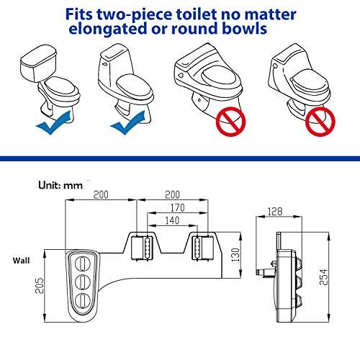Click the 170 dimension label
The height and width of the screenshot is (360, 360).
click(x=178, y=208)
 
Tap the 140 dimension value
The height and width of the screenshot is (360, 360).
click(x=172, y=220)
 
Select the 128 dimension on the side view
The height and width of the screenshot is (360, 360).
click(x=275, y=212)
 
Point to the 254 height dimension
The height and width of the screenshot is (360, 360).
click(x=323, y=277)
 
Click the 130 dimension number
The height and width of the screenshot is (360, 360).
click(x=236, y=255)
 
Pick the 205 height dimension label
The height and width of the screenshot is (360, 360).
click(x=40, y=286)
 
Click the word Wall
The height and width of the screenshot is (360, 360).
click(x=21, y=261)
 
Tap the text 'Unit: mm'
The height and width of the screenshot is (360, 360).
click(x=60, y=185)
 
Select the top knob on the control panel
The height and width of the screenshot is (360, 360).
click(x=83, y=264)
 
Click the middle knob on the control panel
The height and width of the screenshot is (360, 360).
click(x=83, y=282)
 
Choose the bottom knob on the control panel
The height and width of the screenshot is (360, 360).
click(x=83, y=300)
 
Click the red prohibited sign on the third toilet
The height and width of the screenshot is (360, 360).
click(x=231, y=122)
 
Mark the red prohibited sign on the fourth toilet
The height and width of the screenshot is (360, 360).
click(x=320, y=122)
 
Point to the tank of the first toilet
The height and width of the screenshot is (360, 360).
click(x=38, y=63)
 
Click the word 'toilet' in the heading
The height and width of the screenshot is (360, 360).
click(x=197, y=14)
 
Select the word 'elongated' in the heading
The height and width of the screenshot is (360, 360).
click(x=108, y=29)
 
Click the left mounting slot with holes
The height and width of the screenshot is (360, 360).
click(x=148, y=248)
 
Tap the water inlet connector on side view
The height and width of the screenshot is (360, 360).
click(x=265, y=271)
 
